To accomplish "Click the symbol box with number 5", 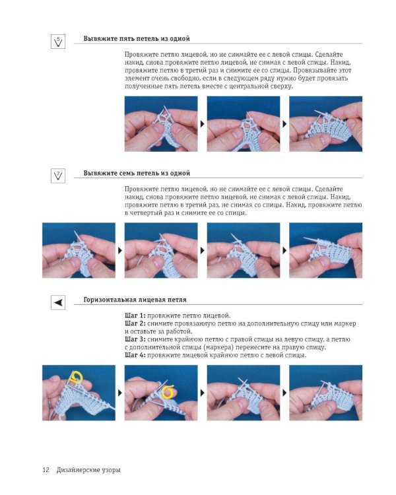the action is [58, 42].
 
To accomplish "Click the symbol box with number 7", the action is [58, 176].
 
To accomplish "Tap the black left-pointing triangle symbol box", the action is [58, 302].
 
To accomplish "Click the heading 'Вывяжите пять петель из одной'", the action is [137, 39].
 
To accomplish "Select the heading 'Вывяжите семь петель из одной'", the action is [137, 174].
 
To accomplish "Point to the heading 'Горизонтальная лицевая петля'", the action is [135, 300].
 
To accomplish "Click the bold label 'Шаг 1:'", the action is [135, 315].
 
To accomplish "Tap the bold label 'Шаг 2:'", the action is [135, 323].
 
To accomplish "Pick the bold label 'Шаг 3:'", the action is [135, 339].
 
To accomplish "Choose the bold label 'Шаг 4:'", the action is [135, 355].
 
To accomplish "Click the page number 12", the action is [46, 470].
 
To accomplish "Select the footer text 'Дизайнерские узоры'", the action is [88, 470].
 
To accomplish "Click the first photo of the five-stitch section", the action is [161, 124].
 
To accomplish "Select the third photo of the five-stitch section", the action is [325, 124].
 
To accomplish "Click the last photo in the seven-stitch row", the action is [325, 250].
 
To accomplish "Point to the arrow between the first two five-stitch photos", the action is [203, 124].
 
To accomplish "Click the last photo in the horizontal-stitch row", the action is [325, 393].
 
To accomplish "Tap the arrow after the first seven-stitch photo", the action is [120, 250].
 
